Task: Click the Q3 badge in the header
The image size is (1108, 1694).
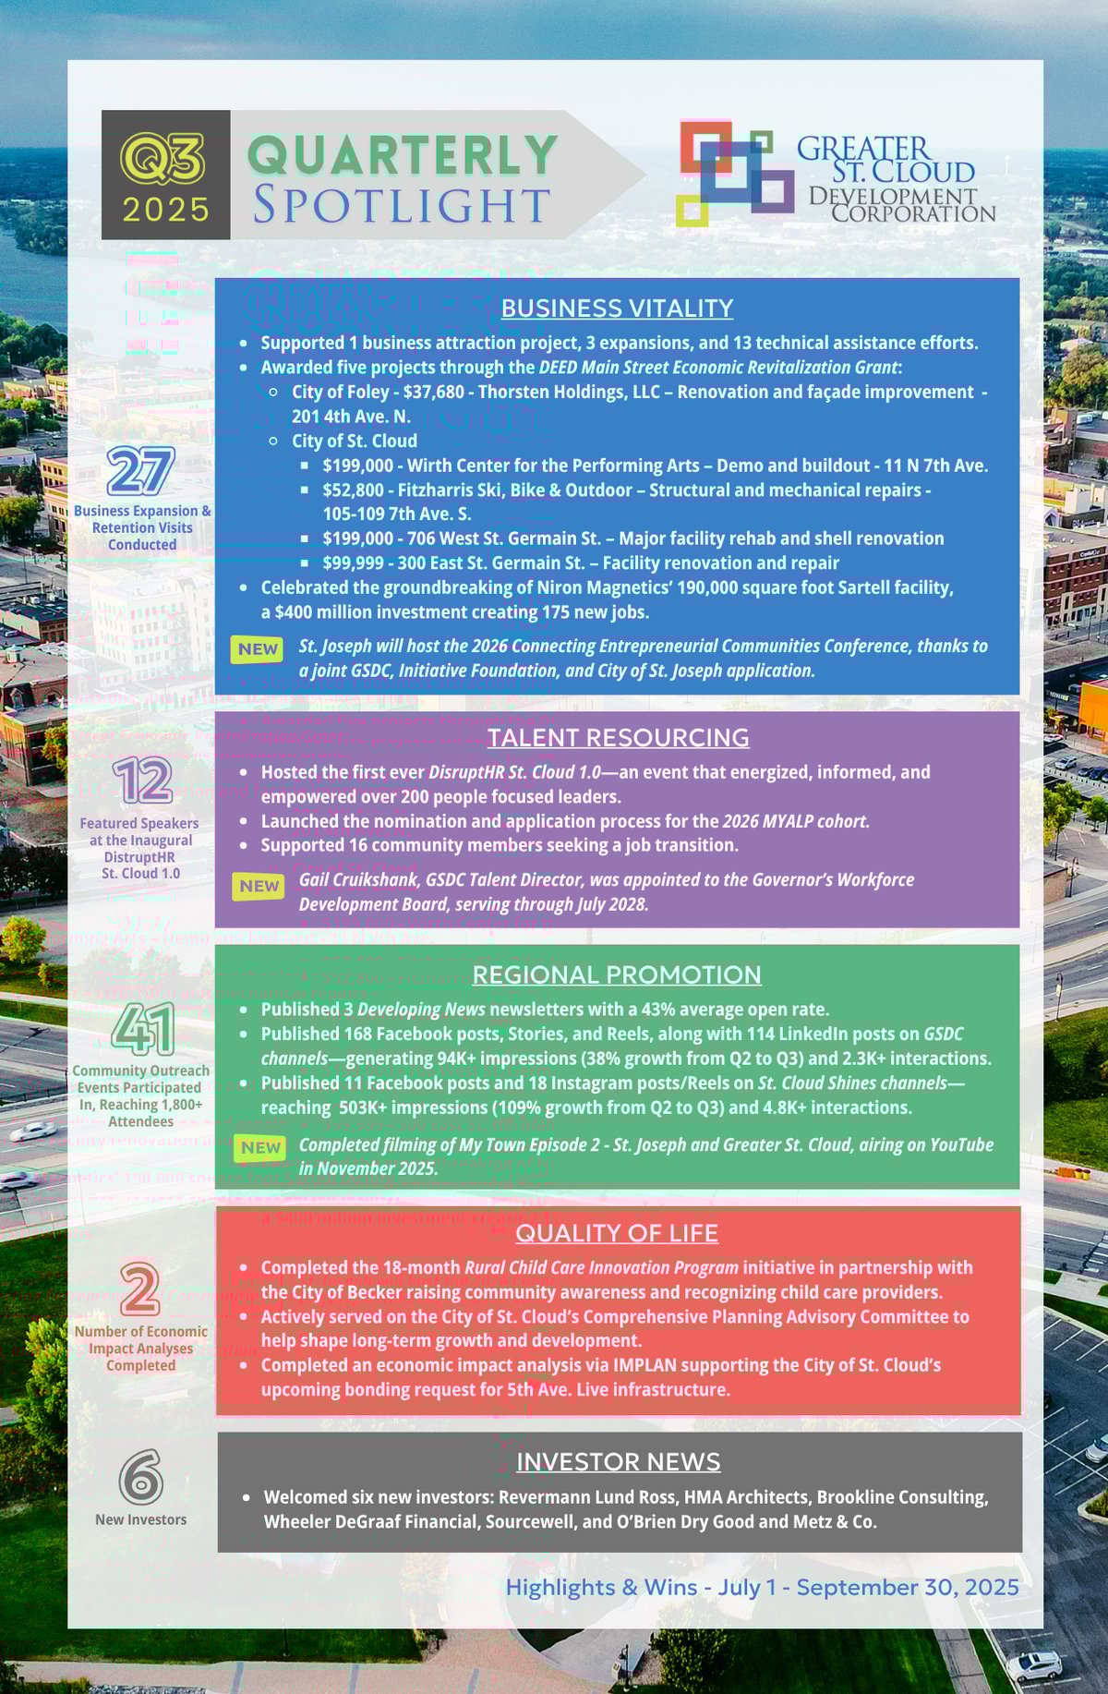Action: [x=163, y=158]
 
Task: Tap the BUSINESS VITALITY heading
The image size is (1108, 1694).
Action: [x=617, y=309]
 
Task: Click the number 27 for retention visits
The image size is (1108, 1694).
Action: [x=140, y=471]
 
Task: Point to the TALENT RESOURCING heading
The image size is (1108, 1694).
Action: [x=618, y=738]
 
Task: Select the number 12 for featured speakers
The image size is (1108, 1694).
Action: [x=142, y=781]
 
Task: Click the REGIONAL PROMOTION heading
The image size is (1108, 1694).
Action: [x=617, y=975]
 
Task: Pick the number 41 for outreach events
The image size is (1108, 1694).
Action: [x=143, y=1030]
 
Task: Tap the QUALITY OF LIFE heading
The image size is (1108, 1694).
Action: [x=617, y=1234]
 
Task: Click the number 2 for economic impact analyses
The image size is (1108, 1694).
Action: [x=140, y=1289]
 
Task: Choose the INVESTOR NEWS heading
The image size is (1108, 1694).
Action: [x=618, y=1462]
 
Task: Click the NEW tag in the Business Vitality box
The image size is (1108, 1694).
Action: [x=258, y=649]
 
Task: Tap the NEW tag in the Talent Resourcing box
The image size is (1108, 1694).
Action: [x=259, y=887]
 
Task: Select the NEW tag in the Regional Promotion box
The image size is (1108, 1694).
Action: [x=259, y=1148]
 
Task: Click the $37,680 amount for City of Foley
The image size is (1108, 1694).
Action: [x=434, y=392]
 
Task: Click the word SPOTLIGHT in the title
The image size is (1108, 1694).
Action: [x=402, y=205]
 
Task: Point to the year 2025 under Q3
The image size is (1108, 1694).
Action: [x=166, y=211]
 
